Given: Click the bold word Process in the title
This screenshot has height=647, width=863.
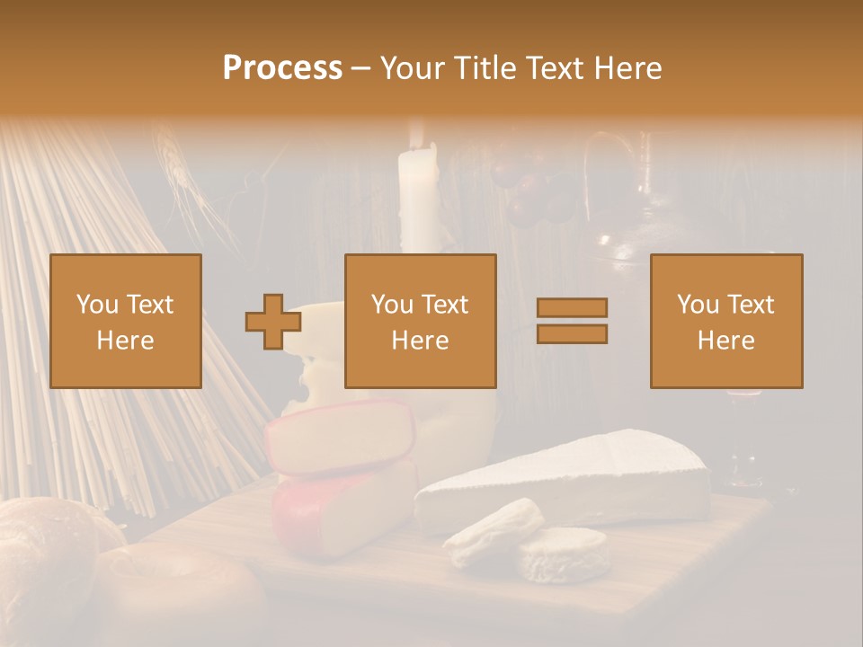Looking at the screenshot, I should pyautogui.click(x=282, y=68).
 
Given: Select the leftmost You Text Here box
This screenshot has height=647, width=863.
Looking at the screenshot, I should pyautogui.click(x=126, y=321).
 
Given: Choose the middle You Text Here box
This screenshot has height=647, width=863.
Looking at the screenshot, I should pyautogui.click(x=421, y=321).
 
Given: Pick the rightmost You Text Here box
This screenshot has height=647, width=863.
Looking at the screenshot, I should pyautogui.click(x=726, y=321).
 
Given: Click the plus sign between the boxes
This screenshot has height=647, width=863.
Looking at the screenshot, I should pyautogui.click(x=272, y=322).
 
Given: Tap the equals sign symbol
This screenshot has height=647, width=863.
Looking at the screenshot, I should pyautogui.click(x=572, y=321).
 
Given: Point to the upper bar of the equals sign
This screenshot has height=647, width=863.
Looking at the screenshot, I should pyautogui.click(x=572, y=308).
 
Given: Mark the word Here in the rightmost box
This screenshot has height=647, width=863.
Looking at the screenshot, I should pyautogui.click(x=726, y=340).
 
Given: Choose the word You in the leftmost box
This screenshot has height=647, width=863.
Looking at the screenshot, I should pyautogui.click(x=95, y=304).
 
